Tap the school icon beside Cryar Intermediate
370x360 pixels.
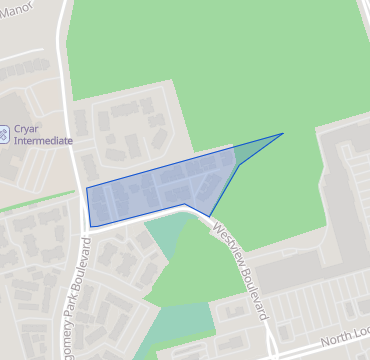click(x=5, y=131)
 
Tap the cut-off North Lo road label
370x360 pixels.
click(x=345, y=338)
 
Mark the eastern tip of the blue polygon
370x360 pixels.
click(x=283, y=133)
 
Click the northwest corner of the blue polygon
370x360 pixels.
click(x=87, y=188)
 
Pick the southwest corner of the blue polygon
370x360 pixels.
click(x=90, y=226)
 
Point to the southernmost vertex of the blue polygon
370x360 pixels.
click(x=209, y=216)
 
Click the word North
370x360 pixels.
click(x=336, y=341)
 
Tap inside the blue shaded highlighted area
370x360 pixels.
click(x=160, y=190)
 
